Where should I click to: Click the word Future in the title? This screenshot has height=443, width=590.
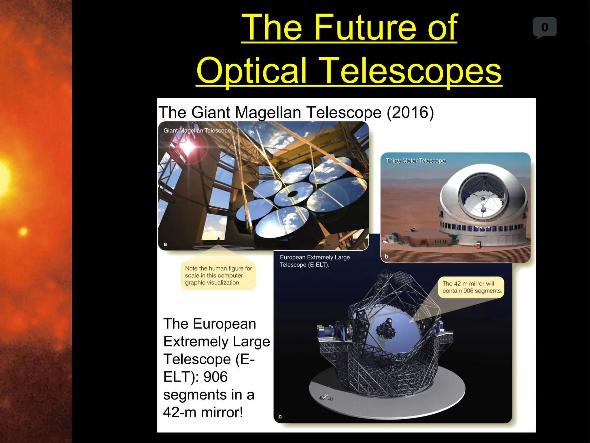pyautogui.click(x=366, y=28)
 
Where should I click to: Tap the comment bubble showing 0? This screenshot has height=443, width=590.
pyautogui.click(x=544, y=27)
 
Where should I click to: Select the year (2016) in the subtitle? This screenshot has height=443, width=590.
pyautogui.click(x=410, y=112)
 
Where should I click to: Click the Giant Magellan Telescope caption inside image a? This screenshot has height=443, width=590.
pyautogui.click(x=197, y=131)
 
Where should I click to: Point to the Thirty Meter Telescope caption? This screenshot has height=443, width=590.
pyautogui.click(x=415, y=161)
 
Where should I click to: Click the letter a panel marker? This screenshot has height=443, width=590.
pyautogui.click(x=165, y=244)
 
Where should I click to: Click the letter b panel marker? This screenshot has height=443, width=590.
pyautogui.click(x=386, y=256)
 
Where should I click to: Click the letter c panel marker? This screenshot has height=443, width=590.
pyautogui.click(x=280, y=417)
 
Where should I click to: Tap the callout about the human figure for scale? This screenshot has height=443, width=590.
pyautogui.click(x=218, y=275)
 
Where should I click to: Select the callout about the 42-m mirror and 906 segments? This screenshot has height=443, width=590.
pyautogui.click(x=472, y=287)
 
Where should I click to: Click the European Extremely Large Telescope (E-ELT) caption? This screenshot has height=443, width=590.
pyautogui.click(x=315, y=261)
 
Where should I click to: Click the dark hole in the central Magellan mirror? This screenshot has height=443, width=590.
pyautogui.click(x=292, y=194)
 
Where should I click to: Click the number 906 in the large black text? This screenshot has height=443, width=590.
pyautogui.click(x=215, y=377)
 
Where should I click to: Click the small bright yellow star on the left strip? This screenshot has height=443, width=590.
pyautogui.click(x=23, y=231)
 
